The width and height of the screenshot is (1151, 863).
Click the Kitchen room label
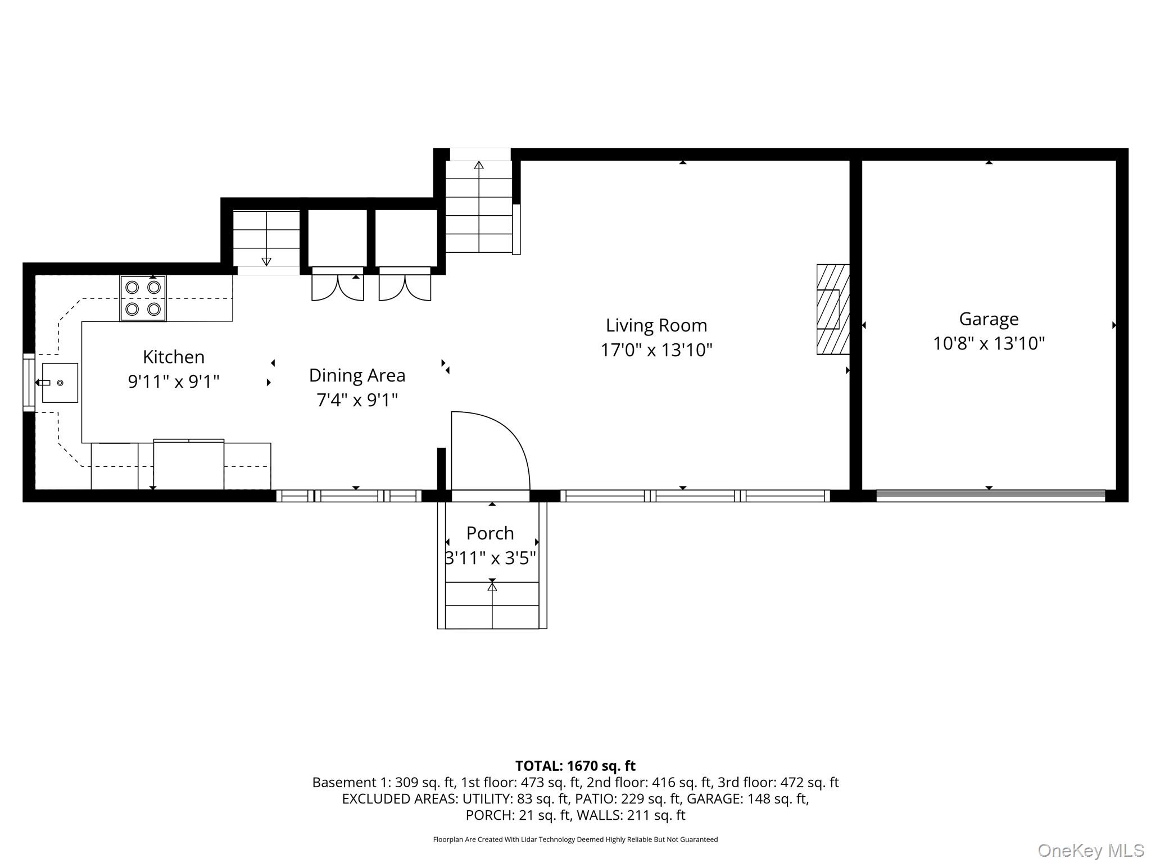174,357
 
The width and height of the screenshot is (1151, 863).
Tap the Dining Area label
357,376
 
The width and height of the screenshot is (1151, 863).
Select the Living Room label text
656,326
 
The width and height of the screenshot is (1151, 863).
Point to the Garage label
989,320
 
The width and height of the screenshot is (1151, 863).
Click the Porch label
490,533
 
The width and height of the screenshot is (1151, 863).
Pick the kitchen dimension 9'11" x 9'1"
174,382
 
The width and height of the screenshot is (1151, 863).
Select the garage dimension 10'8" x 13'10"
989,343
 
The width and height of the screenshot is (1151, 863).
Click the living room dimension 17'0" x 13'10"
656,350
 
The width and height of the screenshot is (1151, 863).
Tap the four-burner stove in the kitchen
143,298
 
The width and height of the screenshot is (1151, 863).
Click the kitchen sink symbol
60,383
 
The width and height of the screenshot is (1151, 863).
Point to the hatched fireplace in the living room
833,310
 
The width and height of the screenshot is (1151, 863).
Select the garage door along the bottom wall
991,496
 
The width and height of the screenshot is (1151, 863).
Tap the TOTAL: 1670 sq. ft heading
575,766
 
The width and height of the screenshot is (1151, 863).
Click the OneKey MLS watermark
1091,851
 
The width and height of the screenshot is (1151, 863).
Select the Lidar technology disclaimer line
575,839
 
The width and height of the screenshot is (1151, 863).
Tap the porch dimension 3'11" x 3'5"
490,558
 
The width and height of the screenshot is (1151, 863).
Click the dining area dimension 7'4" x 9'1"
357,401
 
